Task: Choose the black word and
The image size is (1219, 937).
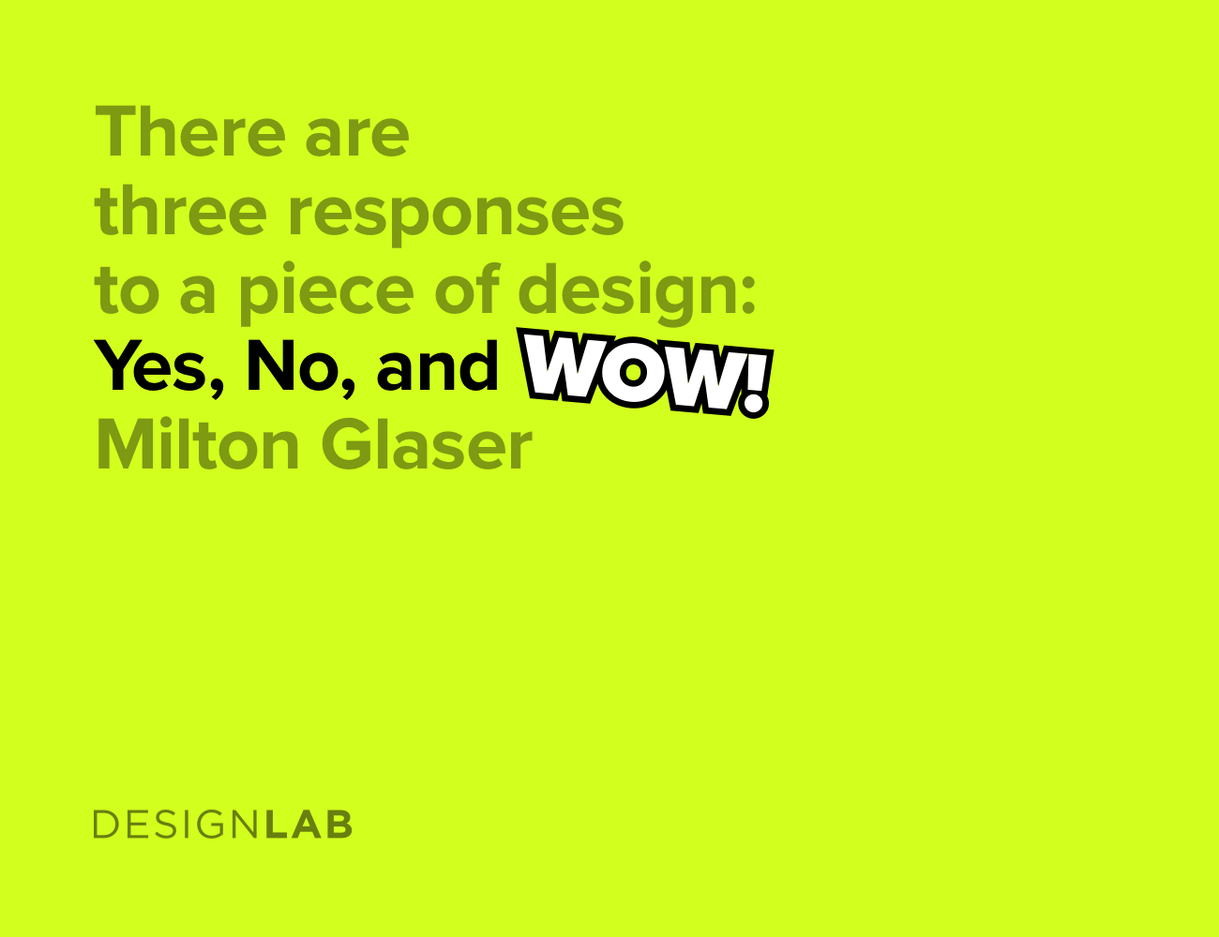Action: point(437,367)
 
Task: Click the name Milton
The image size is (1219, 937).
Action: point(197,446)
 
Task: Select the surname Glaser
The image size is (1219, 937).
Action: point(427,446)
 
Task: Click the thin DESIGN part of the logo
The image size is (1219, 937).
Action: point(176,825)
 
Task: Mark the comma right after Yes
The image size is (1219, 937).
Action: point(218,384)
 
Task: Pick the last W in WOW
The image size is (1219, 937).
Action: point(702,379)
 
